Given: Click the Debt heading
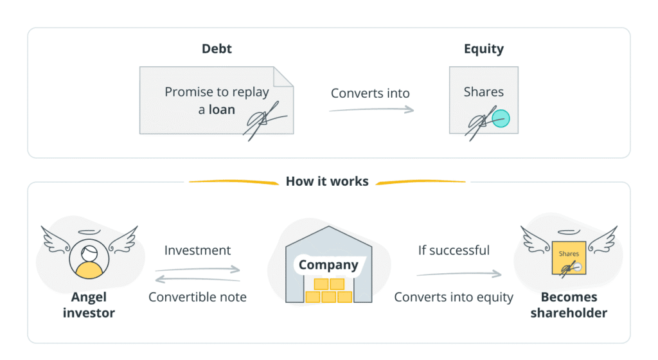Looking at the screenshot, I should [217, 49].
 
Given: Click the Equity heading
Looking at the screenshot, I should [483, 49].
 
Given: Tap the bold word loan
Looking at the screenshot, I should [222, 109].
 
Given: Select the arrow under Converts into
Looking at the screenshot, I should [371, 110].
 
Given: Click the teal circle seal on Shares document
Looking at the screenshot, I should [501, 118].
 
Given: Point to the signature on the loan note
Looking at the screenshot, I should [263, 120].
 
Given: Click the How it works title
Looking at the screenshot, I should [327, 181].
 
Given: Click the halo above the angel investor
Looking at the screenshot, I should [89, 231].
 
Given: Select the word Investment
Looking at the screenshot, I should [197, 250].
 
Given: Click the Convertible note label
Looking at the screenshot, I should [197, 297].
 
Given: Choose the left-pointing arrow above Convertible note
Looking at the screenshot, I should [197, 280].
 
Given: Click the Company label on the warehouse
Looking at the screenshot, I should [328, 264].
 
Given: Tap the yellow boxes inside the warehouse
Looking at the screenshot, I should [328, 291].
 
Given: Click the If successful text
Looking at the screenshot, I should [454, 250].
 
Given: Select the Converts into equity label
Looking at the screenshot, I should [454, 297].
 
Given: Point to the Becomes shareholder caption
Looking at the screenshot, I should [569, 305].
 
